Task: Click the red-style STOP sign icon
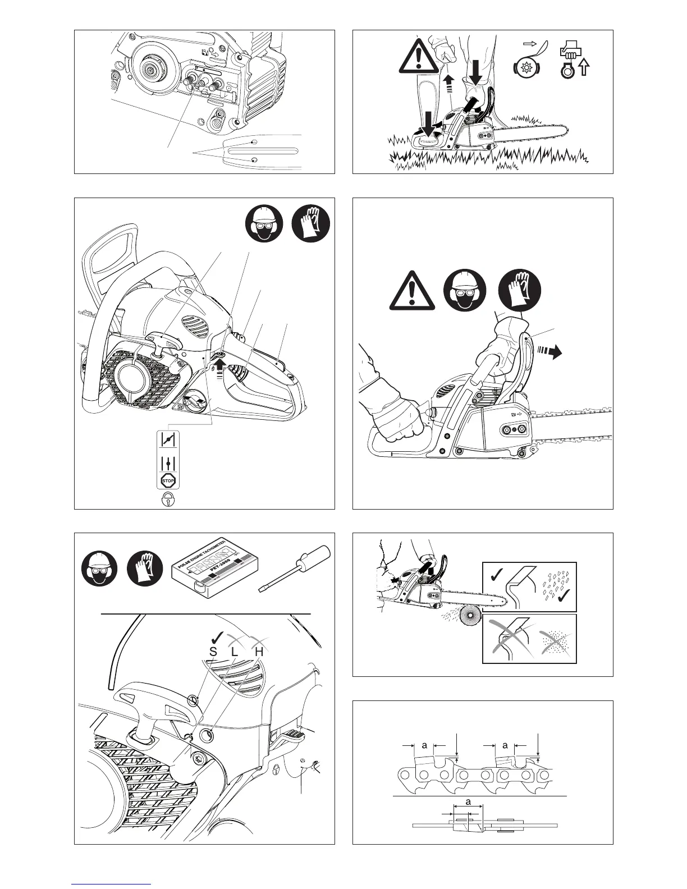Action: pyautogui.click(x=168, y=480)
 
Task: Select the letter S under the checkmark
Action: pyautogui.click(x=213, y=652)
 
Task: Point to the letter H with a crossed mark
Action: pyautogui.click(x=259, y=652)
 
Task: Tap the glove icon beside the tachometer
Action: pyautogui.click(x=145, y=569)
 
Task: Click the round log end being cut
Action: pyautogui.click(x=466, y=621)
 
